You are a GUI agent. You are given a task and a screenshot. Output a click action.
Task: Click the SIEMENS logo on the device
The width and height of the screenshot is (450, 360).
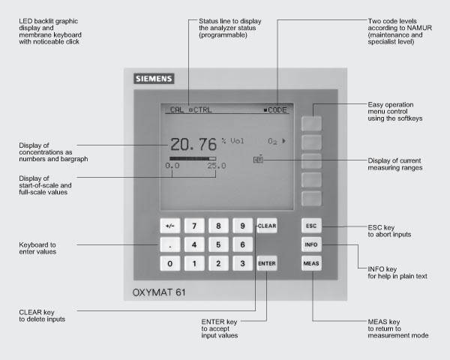pos(154,78)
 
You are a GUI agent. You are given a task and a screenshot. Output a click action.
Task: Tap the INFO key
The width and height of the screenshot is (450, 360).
pos(312,244)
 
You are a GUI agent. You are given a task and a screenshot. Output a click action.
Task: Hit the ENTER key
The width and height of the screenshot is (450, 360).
pos(266,264)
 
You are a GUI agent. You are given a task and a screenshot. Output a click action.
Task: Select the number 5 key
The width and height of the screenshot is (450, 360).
pos(218,244)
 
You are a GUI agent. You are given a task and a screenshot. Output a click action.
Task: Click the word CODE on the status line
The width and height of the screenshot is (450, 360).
pos(277,109)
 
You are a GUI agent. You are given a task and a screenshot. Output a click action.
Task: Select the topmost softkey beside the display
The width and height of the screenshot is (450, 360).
pos(312,122)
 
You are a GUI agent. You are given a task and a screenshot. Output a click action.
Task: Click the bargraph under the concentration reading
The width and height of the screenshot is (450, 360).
pos(192,158)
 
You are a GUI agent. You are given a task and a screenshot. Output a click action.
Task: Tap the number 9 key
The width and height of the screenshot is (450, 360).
pos(242,225)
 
